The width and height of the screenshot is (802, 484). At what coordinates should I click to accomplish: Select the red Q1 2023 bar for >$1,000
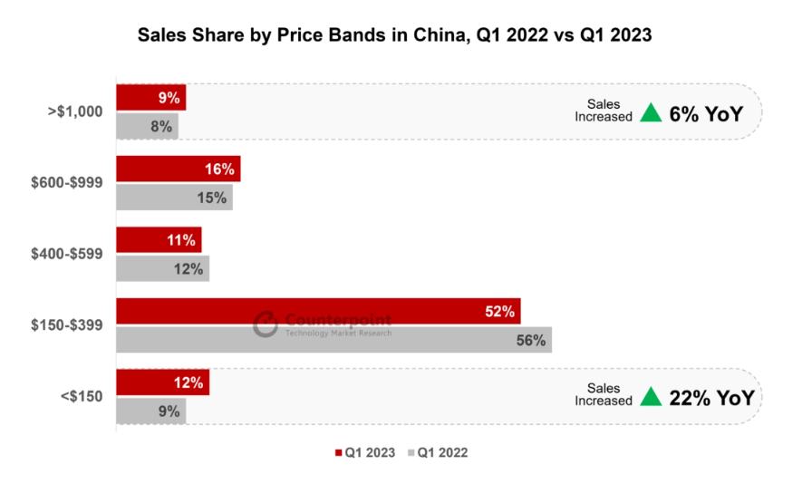(x=150, y=97)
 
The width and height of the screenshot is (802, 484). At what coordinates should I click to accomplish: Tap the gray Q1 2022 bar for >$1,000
(x=147, y=126)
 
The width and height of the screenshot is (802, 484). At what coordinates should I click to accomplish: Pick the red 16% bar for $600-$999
(x=178, y=169)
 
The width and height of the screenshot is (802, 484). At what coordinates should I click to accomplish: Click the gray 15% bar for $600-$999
(x=174, y=197)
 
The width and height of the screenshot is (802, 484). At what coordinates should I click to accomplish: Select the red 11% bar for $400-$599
(x=159, y=240)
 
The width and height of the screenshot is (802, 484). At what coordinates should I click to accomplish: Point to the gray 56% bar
(x=333, y=340)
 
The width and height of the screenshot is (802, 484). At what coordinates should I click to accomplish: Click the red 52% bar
(x=318, y=311)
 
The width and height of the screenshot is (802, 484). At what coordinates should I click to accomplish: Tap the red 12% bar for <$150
(x=162, y=382)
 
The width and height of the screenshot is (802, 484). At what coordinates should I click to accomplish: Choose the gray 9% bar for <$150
(x=150, y=411)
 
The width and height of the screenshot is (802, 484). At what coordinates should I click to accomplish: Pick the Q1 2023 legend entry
(x=365, y=452)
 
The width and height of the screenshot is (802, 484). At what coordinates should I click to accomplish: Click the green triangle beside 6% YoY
(x=650, y=112)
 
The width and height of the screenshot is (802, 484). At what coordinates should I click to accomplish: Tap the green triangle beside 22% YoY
(x=650, y=397)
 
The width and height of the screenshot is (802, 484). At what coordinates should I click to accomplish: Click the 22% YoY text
(x=711, y=397)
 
